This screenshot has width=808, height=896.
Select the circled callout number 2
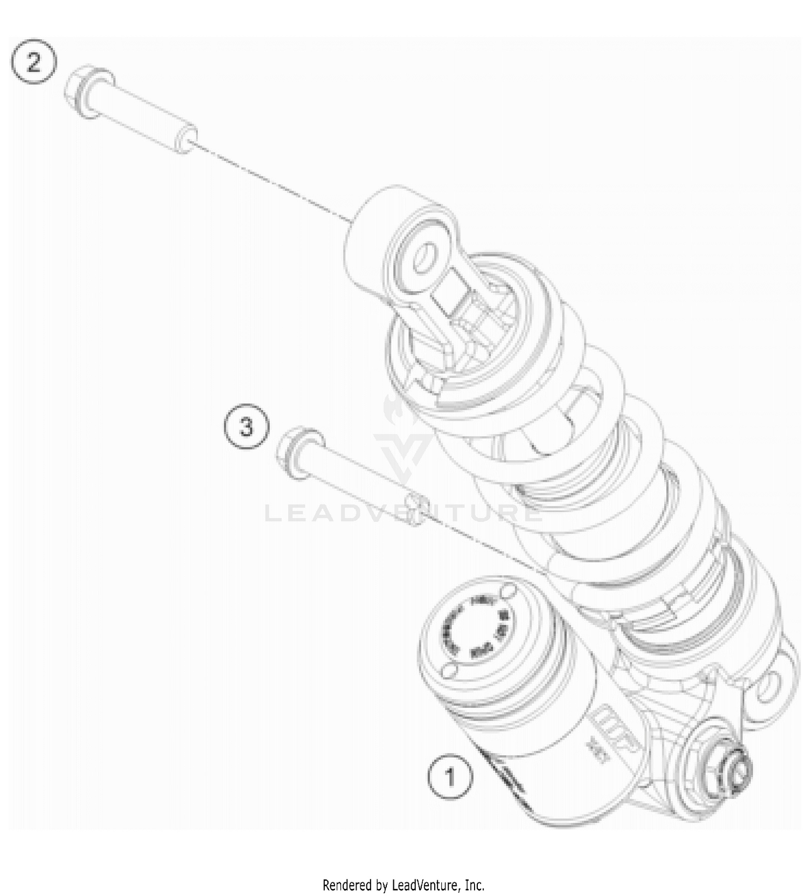coord(33,64)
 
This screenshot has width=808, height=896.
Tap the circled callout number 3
coord(246,429)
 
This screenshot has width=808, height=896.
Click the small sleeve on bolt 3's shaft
coord(417,502)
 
